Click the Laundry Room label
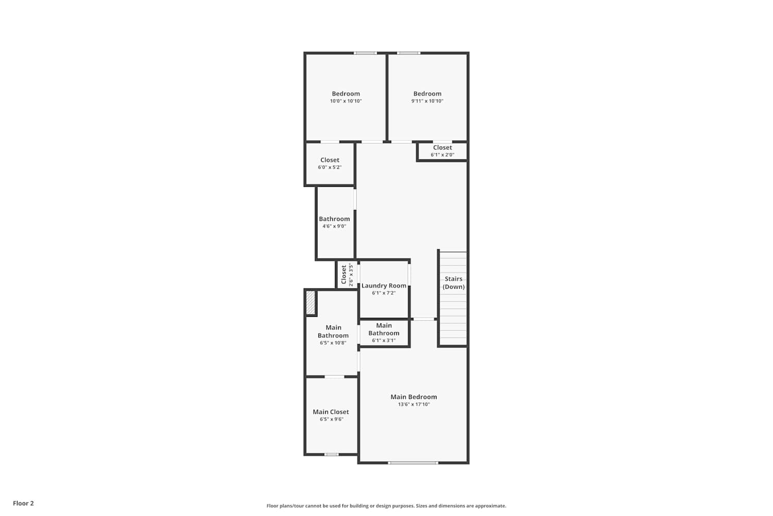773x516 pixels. [384, 285]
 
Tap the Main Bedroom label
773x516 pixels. [414, 397]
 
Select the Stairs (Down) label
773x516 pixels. [453, 283]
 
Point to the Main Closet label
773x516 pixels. [331, 412]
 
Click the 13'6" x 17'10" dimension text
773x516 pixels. [414, 405]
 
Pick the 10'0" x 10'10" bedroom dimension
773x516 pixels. [346, 101]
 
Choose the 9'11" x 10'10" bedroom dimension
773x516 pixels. [427, 101]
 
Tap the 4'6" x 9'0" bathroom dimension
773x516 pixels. [334, 226]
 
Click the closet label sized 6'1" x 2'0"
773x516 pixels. [442, 148]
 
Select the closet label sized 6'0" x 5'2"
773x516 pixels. [330, 160]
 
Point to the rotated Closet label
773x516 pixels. [344, 275]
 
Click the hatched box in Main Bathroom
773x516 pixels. [311, 303]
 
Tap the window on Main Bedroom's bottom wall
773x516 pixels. [413, 462]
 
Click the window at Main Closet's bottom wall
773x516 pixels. [331, 455]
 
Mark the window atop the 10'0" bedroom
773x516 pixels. [365, 53]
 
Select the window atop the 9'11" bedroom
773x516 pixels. [409, 53]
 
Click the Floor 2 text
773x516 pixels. [24, 503]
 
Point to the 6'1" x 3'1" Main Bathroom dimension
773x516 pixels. [384, 341]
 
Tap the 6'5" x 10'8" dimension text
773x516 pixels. [333, 343]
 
